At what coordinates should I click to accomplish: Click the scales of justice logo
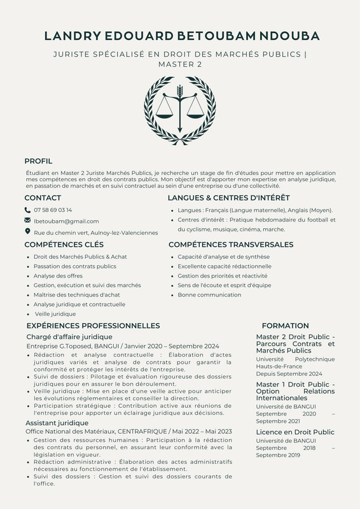point(180,110)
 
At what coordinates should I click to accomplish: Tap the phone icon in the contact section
point(27,209)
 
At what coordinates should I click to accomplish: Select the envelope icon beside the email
point(27,220)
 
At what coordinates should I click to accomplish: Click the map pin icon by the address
point(27,232)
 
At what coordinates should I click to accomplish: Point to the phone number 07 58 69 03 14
point(53,209)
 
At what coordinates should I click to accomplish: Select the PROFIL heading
point(38,161)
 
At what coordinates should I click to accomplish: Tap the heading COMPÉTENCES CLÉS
point(64,244)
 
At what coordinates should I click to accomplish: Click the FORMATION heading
point(285,325)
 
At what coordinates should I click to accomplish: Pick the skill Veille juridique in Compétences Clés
point(55,314)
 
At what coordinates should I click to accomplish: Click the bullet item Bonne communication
point(200,295)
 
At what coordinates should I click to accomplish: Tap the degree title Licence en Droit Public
point(295,432)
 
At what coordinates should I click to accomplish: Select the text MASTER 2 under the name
point(180,65)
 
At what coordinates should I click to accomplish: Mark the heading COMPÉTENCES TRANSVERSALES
point(231,244)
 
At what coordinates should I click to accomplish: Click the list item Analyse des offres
point(58,275)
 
